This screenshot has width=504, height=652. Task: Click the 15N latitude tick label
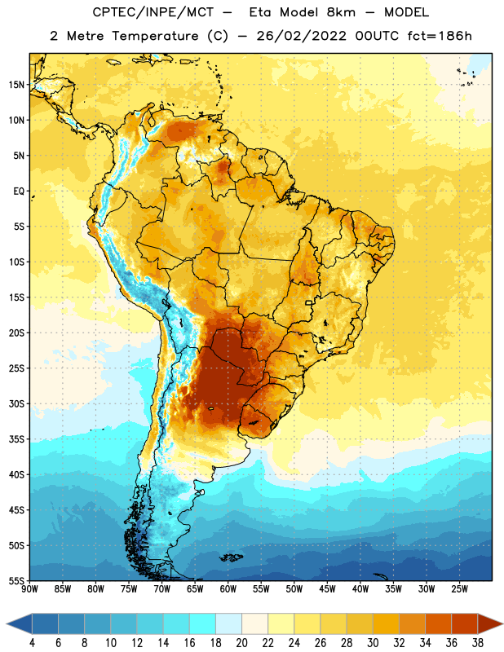click(16, 85)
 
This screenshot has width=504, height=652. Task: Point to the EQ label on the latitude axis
click(19, 192)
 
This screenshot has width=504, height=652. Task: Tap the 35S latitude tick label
click(16, 439)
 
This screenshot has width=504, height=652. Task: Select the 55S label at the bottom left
click(16, 581)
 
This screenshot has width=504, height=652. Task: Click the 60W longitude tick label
click(228, 589)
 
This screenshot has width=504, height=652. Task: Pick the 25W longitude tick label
click(459, 589)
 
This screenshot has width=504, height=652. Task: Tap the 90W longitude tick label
click(29, 589)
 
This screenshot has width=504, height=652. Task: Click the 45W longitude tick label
click(327, 589)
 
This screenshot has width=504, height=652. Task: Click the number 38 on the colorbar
click(477, 643)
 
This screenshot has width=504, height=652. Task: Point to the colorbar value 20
click(241, 643)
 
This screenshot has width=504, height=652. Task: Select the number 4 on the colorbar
click(32, 643)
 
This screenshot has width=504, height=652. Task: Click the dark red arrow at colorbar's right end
click(490, 623)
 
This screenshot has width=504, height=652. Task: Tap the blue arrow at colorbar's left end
click(20, 623)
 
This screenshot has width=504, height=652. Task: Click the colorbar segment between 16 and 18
click(203, 623)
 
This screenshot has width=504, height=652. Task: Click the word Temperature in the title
click(155, 36)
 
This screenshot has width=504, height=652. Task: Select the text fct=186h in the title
click(440, 36)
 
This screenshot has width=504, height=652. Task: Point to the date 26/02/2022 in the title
click(301, 36)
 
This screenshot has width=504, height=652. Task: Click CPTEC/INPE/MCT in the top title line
click(153, 12)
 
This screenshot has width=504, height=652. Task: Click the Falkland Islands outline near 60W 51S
click(232, 557)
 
